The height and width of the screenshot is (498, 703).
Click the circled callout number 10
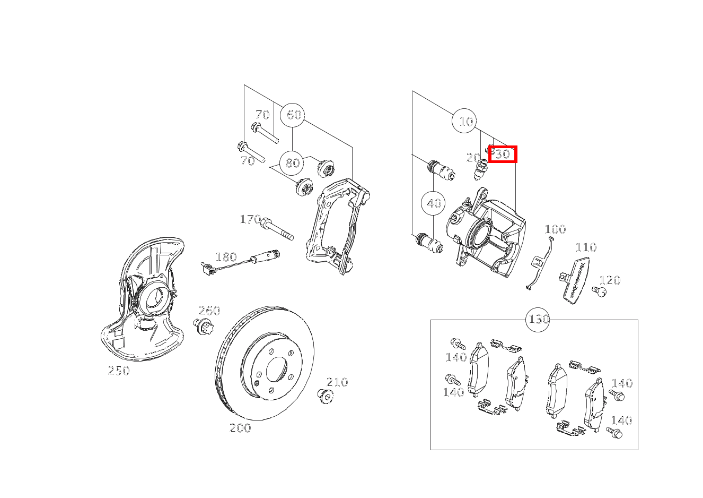tap(464, 121)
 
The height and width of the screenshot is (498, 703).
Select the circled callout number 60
tap(292, 115)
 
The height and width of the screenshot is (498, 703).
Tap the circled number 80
tap(292, 164)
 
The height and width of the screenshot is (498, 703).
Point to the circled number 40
tap(433, 203)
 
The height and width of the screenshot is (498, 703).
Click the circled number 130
tap(538, 320)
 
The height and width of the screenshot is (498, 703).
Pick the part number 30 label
tap(503, 154)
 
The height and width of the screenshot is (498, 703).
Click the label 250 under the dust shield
tap(119, 371)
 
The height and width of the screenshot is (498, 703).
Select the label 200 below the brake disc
tap(240, 428)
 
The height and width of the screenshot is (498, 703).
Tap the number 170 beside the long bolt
tap(250, 219)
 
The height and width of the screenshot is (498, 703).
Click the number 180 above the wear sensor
tap(226, 257)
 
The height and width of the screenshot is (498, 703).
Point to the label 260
tap(209, 311)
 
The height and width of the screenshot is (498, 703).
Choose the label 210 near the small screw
tap(337, 382)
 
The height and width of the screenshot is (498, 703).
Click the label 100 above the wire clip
tap(555, 229)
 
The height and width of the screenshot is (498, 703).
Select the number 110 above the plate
tap(586, 247)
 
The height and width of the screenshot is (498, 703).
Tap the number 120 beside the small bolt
tap(610, 280)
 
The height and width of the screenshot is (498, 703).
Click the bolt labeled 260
tap(203, 326)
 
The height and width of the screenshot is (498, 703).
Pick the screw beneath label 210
tap(325, 396)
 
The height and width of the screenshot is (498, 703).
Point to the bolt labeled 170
tap(277, 229)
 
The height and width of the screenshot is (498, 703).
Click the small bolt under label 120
tap(599, 291)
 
